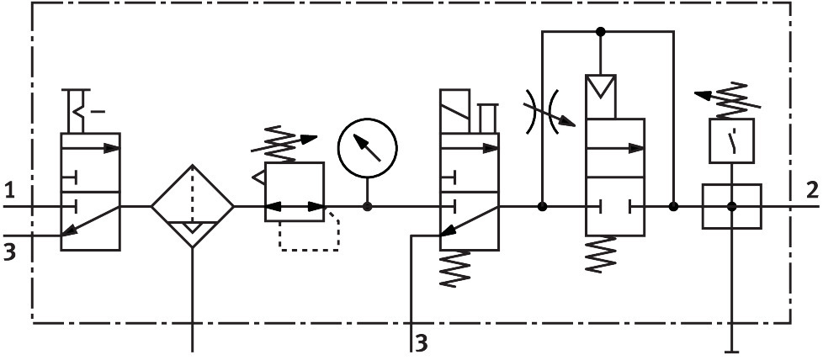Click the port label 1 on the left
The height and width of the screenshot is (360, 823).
(x=9, y=188)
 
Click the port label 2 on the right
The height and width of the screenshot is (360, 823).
(x=811, y=188)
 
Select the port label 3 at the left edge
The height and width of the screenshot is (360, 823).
(x=9, y=251)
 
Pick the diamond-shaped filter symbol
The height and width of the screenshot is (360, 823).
(x=194, y=206)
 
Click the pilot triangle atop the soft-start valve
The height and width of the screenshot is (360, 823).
(x=601, y=87)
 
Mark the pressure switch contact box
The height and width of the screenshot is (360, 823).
(x=730, y=139)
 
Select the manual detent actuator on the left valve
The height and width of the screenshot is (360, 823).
(x=85, y=111)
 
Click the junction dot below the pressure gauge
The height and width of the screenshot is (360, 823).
(x=367, y=206)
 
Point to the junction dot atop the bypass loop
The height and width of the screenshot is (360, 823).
(x=600, y=32)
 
